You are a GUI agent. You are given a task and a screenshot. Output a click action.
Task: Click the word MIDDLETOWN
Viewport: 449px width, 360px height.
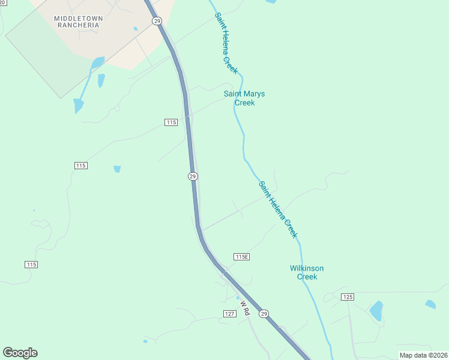(78, 19)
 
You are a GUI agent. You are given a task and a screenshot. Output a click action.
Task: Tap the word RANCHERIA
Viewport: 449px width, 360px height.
(78, 26)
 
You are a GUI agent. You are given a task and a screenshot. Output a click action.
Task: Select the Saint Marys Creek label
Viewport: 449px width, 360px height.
(244, 98)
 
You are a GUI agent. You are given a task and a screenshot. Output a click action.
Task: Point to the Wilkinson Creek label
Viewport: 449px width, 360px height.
(307, 272)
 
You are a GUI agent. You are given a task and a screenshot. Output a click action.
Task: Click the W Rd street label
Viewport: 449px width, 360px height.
(245, 308)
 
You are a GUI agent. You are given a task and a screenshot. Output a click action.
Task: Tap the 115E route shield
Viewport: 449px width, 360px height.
(241, 257)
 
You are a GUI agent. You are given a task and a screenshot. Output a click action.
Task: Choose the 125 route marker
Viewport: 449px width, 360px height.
(348, 297)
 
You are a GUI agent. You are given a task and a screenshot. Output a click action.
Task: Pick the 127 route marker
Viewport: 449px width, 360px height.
(229, 314)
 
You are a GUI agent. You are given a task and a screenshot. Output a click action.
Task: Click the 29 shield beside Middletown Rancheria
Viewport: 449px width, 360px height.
(157, 21)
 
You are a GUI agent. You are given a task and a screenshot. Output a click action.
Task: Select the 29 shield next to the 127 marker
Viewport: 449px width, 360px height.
(264, 313)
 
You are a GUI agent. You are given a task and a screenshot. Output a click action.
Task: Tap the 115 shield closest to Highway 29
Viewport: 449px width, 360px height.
(171, 122)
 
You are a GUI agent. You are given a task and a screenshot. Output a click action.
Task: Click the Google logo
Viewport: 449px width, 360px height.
(20, 353)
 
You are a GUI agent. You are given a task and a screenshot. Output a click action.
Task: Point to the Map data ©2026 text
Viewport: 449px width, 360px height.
(423, 355)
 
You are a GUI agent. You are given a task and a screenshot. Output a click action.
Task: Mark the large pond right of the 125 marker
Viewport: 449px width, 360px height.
(376, 310)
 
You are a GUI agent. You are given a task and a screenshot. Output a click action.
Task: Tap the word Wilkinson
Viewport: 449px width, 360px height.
(307, 268)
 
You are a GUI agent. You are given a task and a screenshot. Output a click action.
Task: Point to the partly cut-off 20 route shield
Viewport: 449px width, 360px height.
(2, 3)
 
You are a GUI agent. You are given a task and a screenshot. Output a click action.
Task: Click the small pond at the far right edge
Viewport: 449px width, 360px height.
(430, 304)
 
